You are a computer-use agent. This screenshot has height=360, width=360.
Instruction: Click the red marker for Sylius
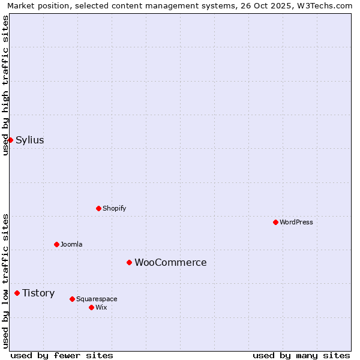click(10, 140)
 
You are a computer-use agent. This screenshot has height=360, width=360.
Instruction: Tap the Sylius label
click(29, 140)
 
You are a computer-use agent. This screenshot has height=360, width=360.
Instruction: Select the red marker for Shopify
click(98, 208)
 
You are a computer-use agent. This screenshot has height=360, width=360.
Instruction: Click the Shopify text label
click(114, 208)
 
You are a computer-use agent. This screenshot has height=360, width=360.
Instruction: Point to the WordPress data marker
click(275, 222)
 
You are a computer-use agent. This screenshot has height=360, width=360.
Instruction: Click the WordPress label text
click(296, 222)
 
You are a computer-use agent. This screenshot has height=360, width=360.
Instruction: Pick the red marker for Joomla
click(56, 244)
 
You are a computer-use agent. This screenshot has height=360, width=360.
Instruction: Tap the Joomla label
click(71, 244)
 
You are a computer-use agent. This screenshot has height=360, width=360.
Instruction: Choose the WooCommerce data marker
click(129, 262)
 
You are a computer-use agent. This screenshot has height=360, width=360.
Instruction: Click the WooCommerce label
click(170, 262)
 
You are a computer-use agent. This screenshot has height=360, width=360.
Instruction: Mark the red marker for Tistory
click(17, 293)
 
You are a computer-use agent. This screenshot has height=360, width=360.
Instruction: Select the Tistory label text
click(38, 293)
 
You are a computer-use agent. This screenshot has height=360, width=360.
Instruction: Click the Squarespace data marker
click(72, 299)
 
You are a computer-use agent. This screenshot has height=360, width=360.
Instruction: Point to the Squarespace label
click(97, 299)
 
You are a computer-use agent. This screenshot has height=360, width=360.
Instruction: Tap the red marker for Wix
click(91, 307)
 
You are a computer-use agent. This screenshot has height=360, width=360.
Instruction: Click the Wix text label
click(101, 307)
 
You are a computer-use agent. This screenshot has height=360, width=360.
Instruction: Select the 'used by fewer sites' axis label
click(62, 355)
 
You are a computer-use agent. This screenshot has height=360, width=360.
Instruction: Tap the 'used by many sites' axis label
click(301, 355)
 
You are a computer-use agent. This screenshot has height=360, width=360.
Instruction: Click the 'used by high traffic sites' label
click(6, 85)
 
